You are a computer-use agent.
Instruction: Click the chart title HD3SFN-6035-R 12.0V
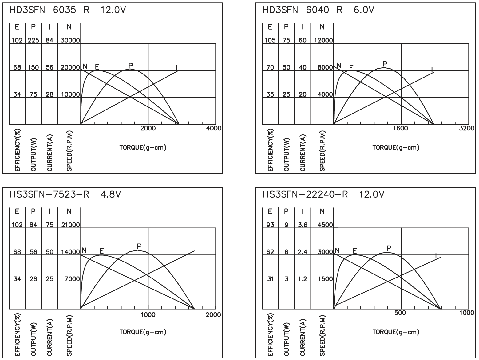(x=68, y=10)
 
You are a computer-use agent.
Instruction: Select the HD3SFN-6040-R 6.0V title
(x=319, y=10)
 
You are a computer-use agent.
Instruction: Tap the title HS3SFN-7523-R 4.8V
(x=65, y=194)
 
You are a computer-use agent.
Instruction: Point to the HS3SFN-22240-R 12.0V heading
(x=323, y=194)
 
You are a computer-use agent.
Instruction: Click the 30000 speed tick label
(x=70, y=40)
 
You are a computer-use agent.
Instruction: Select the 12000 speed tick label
(x=323, y=40)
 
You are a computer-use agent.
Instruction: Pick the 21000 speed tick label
(x=70, y=225)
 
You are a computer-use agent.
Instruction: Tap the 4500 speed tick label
(x=325, y=225)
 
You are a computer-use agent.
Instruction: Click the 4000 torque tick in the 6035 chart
(x=214, y=128)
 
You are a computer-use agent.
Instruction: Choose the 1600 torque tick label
(x=401, y=128)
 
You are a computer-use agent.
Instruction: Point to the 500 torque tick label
(x=400, y=313)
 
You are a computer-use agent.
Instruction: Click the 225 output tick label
(x=34, y=40)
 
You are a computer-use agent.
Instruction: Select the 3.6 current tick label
(x=303, y=225)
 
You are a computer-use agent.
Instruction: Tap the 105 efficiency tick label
(x=270, y=40)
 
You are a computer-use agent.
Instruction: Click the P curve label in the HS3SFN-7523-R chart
(x=139, y=246)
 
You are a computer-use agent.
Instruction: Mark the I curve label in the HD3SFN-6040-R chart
(x=432, y=70)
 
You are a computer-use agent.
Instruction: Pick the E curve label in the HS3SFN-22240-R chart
(x=354, y=251)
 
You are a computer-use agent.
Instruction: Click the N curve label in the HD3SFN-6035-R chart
(x=85, y=66)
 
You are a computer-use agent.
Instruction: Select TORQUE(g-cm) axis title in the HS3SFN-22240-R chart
(x=396, y=332)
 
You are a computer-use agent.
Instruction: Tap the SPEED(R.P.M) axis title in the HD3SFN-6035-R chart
(x=69, y=151)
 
